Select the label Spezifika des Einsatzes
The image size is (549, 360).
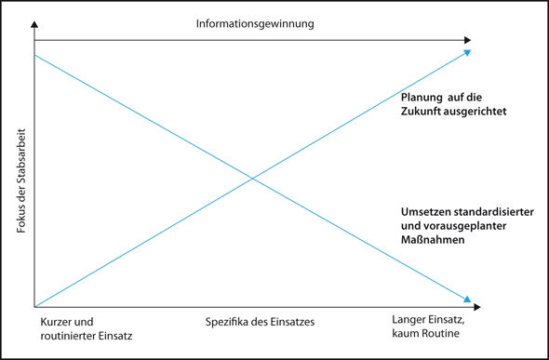(x=261, y=322)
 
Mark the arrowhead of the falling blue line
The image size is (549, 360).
(x=468, y=300)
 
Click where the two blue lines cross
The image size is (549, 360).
(x=252, y=179)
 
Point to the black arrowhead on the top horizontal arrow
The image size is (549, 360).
(x=467, y=40)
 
